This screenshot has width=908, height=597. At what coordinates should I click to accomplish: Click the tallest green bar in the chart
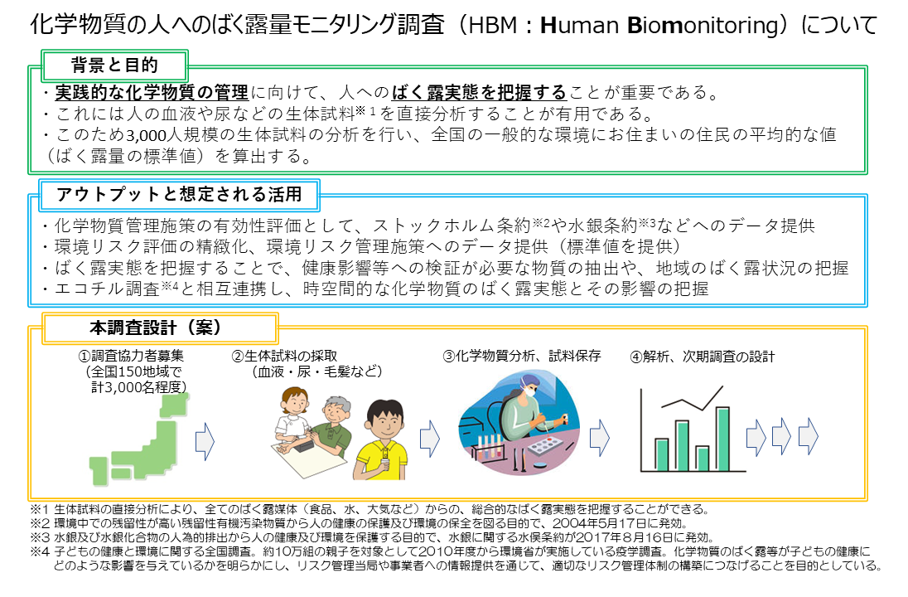[x=722, y=439]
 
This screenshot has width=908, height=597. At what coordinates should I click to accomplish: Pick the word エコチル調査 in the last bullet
[x=91, y=288]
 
